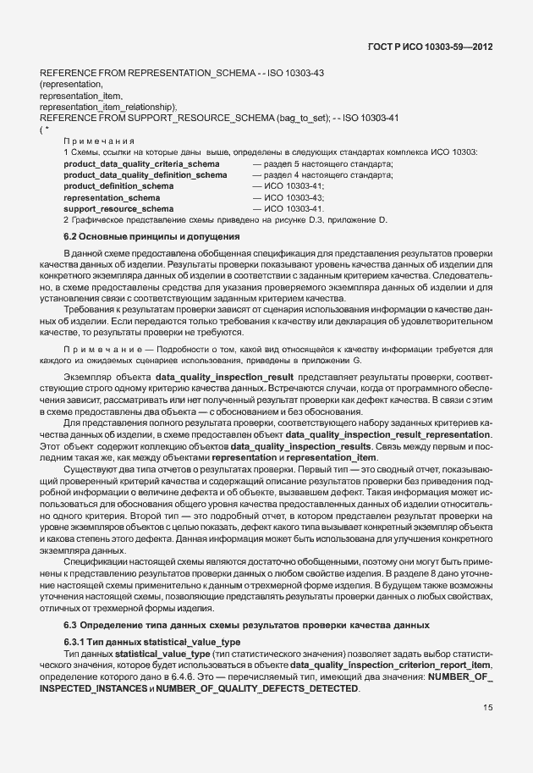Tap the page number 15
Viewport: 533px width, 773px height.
[x=488, y=708]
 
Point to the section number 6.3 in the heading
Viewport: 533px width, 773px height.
[x=71, y=625]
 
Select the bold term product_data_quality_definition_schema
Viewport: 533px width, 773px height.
[x=146, y=174]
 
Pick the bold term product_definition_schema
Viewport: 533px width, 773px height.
[x=118, y=185]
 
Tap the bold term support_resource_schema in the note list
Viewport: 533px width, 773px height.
[x=118, y=208]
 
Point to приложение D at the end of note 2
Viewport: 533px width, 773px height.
[x=354, y=220]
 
